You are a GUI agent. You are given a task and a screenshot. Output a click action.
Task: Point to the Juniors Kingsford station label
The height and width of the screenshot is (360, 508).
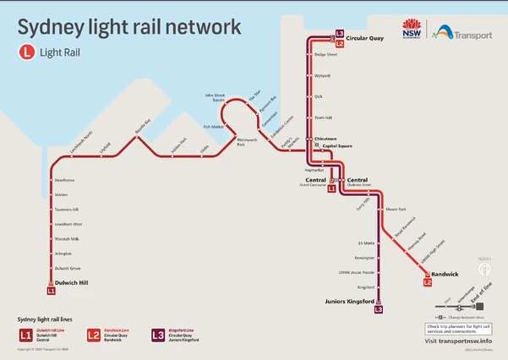point(349,301)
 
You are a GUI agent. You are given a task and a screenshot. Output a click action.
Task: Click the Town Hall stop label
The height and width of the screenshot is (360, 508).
point(324,117)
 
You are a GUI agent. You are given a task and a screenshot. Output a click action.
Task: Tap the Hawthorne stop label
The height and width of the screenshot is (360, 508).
point(64,180)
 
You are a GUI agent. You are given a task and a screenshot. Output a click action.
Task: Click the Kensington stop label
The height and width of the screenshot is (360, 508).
point(364,257)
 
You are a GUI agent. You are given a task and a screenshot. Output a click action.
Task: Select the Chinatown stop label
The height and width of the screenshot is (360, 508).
point(326,138)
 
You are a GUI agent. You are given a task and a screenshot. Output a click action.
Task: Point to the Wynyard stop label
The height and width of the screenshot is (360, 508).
point(322,75)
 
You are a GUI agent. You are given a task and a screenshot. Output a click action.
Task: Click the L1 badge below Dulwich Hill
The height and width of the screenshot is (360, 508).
point(52,291)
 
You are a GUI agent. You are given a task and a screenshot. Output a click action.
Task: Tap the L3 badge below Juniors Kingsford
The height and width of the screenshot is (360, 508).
point(379,310)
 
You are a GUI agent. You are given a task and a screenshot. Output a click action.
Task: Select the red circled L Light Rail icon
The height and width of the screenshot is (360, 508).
point(27,51)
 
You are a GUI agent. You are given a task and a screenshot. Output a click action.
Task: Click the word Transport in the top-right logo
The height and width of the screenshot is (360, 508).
point(474,36)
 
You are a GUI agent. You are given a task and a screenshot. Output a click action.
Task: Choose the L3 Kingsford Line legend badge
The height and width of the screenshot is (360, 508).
point(158,335)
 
